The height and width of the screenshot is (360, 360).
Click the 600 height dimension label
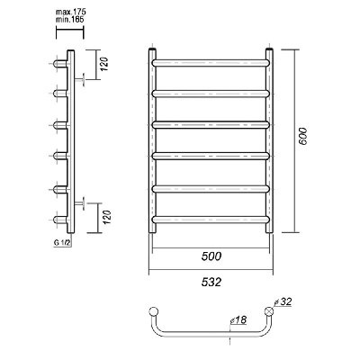point(303,137)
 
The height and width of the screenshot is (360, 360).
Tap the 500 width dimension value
point(211,256)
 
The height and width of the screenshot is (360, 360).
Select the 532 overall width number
point(211,282)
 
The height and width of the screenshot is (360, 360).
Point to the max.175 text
point(71,13)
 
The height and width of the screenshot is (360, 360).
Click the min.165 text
point(69,20)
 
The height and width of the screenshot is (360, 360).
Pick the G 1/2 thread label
point(62,243)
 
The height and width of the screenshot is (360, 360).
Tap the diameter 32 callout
point(283,301)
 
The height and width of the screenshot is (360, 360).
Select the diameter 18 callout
point(238,319)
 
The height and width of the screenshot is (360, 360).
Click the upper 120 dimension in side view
point(104,64)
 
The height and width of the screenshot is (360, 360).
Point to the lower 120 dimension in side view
point(107,218)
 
